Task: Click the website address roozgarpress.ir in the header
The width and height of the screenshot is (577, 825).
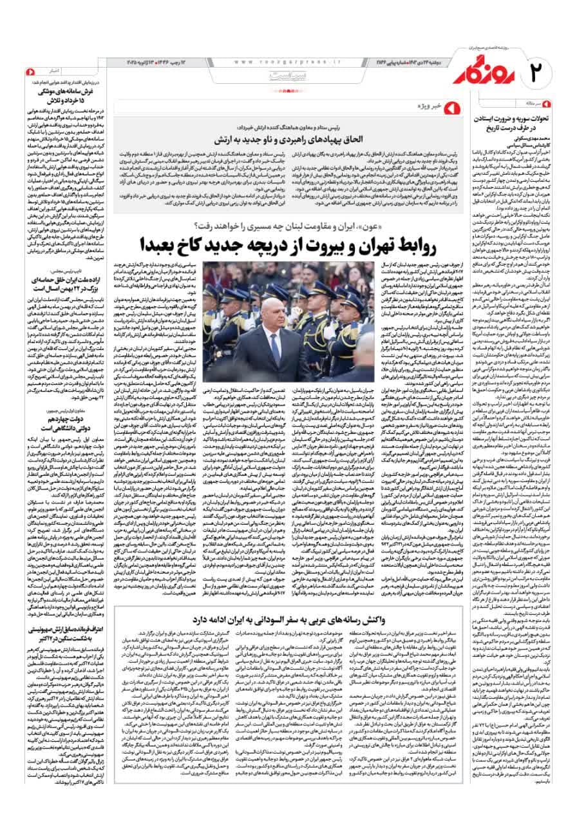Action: [x=278, y=61]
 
